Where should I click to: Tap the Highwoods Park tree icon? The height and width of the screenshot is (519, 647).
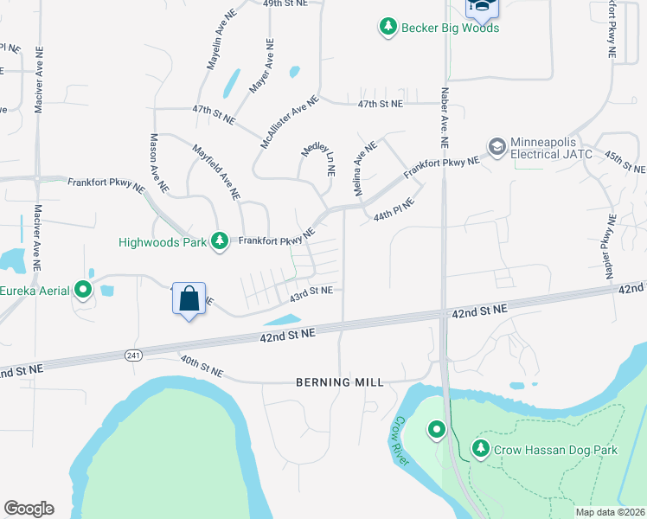pyautogui.click(x=221, y=241)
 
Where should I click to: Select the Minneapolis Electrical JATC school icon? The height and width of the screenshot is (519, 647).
pyautogui.click(x=496, y=147)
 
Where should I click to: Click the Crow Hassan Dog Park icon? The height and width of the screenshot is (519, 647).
pyautogui.click(x=481, y=449)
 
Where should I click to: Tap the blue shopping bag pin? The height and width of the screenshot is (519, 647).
pyautogui.click(x=189, y=299)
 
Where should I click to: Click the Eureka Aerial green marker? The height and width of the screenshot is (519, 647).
pyautogui.click(x=83, y=290)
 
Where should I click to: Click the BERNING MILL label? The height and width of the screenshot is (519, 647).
pyautogui.click(x=339, y=382)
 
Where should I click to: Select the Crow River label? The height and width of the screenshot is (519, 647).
pyautogui.click(x=398, y=441)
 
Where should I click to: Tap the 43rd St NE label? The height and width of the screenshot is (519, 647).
pyautogui.click(x=311, y=292)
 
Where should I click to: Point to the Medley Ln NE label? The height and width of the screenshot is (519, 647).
pyautogui.click(x=317, y=160)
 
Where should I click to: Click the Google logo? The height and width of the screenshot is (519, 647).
pyautogui.click(x=29, y=509)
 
